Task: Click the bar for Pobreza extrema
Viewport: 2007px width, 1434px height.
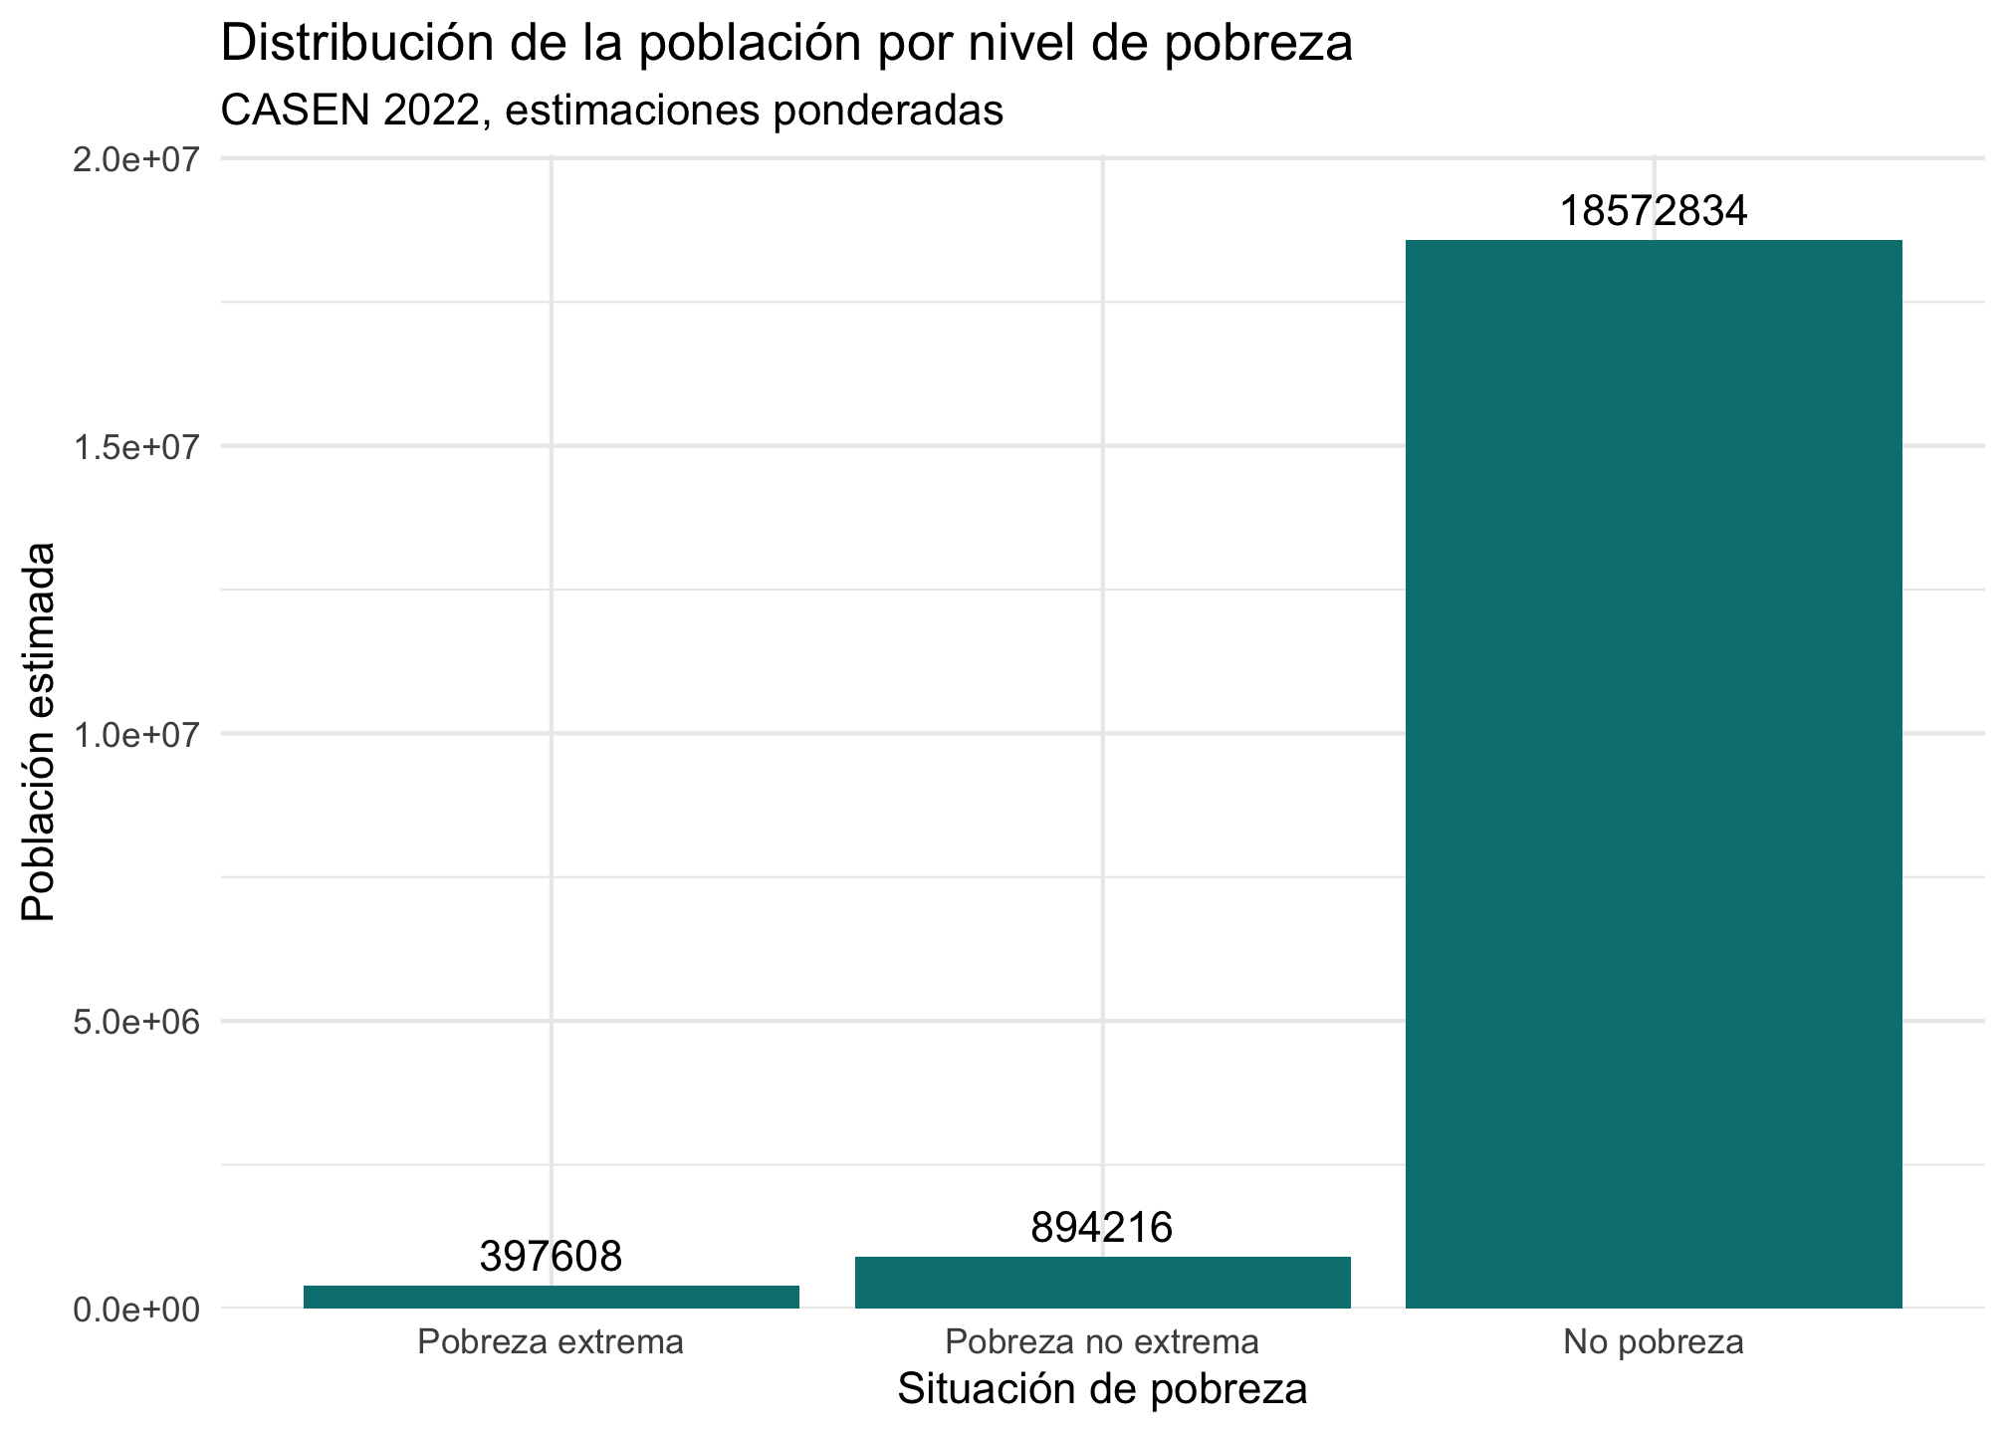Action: (552, 1297)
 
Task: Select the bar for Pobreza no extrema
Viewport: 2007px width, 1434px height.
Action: (1102, 1283)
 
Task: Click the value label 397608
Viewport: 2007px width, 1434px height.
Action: (551, 1257)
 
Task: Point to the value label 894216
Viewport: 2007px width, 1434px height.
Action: (1102, 1228)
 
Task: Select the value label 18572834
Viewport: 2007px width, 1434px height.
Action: (1653, 211)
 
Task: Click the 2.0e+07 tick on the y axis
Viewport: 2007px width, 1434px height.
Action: (138, 160)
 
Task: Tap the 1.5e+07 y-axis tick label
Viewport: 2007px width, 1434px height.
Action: (138, 447)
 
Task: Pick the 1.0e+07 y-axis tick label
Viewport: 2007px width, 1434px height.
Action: (138, 735)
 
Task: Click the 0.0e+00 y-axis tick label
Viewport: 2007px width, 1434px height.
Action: (138, 1310)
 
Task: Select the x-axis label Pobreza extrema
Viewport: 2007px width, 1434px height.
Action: (551, 1342)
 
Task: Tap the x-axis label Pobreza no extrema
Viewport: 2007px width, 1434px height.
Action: (1102, 1342)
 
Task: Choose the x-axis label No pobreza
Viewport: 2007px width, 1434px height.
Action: (1653, 1342)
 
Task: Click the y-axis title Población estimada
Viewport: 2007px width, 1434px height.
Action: (40, 732)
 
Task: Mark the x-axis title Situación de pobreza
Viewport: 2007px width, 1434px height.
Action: (1102, 1389)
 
